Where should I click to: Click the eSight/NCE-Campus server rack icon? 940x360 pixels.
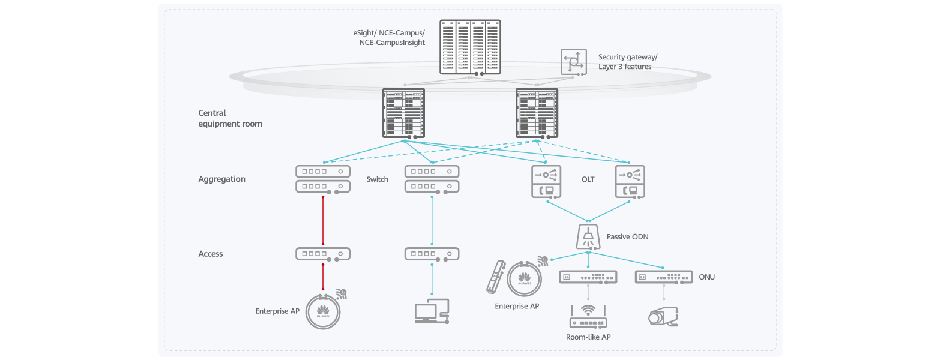point(470,47)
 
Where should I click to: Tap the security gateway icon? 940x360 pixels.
point(573,62)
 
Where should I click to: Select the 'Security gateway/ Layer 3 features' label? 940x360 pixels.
point(627,62)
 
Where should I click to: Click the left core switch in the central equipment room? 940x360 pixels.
point(403,113)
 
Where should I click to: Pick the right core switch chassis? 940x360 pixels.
point(537,113)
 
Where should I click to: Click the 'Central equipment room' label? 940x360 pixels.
point(230,118)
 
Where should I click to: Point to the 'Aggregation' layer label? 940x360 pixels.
point(221,179)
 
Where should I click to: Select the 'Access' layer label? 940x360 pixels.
point(211,254)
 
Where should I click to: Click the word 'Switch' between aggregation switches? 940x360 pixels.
point(377,179)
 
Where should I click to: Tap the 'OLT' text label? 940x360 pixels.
point(588,179)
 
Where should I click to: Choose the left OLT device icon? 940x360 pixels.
point(546,182)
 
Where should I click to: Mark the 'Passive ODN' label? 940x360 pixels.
point(627,237)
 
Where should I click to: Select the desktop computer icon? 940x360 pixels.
point(431,311)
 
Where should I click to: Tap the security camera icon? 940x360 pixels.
point(663,316)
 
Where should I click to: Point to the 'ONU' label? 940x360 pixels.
point(707,277)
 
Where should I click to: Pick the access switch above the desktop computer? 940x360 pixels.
point(432,254)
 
